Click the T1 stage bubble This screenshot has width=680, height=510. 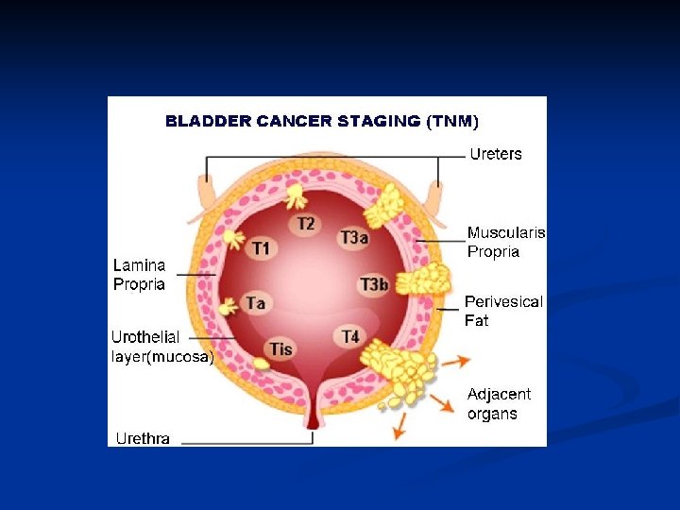(262, 248)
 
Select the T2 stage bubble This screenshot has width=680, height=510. (306, 224)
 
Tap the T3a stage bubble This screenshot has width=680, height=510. (354, 238)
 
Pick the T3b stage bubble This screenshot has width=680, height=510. (374, 285)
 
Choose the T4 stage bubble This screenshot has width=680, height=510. (350, 336)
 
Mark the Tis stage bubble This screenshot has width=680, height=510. (280, 348)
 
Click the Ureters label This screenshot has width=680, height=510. (496, 154)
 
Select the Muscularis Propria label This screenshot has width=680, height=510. (506, 242)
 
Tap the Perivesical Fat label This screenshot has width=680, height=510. (503, 311)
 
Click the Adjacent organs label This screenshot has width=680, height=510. (499, 403)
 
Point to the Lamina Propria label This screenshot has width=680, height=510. (139, 275)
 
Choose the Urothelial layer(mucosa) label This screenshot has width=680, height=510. (161, 348)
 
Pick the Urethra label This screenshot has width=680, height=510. (143, 438)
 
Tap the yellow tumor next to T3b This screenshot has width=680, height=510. (422, 280)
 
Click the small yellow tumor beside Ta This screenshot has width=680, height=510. (229, 306)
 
